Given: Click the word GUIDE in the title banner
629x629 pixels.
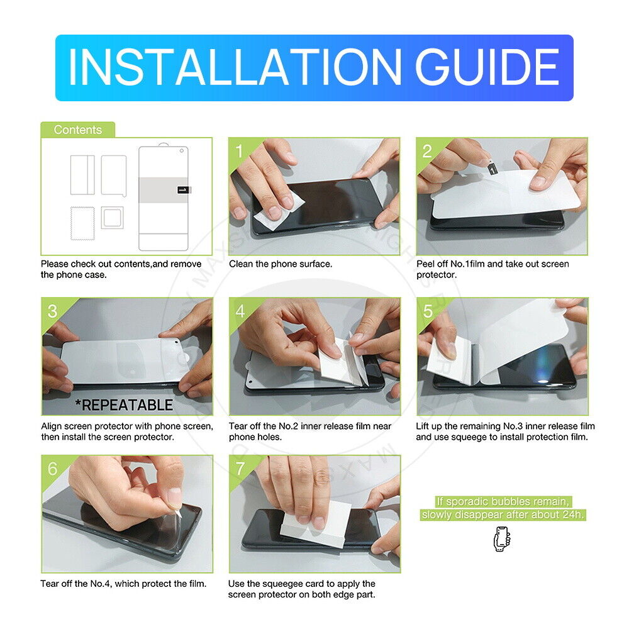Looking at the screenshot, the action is tap(487, 67).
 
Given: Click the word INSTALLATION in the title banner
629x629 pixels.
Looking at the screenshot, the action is tap(235, 67).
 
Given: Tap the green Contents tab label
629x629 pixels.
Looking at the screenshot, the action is tap(78, 130).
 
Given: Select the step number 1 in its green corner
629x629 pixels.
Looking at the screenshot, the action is tap(240, 151).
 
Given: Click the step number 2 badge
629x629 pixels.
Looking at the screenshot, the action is tap(427, 151).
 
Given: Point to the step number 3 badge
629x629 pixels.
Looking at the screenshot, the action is tap(53, 311).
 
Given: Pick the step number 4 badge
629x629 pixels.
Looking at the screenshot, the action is tap(240, 311).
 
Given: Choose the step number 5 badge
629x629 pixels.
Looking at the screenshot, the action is tap(428, 311).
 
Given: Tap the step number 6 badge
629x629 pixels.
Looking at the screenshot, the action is tap(53, 469).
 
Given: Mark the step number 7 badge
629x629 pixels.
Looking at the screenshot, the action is tap(240, 469).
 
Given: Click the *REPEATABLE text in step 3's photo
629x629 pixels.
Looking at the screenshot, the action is tap(125, 404).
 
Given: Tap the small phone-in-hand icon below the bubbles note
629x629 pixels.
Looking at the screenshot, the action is tap(502, 539).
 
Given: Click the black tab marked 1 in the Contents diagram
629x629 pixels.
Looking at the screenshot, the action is tap(184, 190).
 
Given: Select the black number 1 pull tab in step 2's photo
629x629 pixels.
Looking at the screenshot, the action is tap(493, 169).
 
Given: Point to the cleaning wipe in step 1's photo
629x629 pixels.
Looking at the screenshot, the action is tap(279, 209).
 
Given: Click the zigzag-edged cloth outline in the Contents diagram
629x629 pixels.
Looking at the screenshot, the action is tap(82, 223).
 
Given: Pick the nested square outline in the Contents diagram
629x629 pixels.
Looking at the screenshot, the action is tap(113, 218).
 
